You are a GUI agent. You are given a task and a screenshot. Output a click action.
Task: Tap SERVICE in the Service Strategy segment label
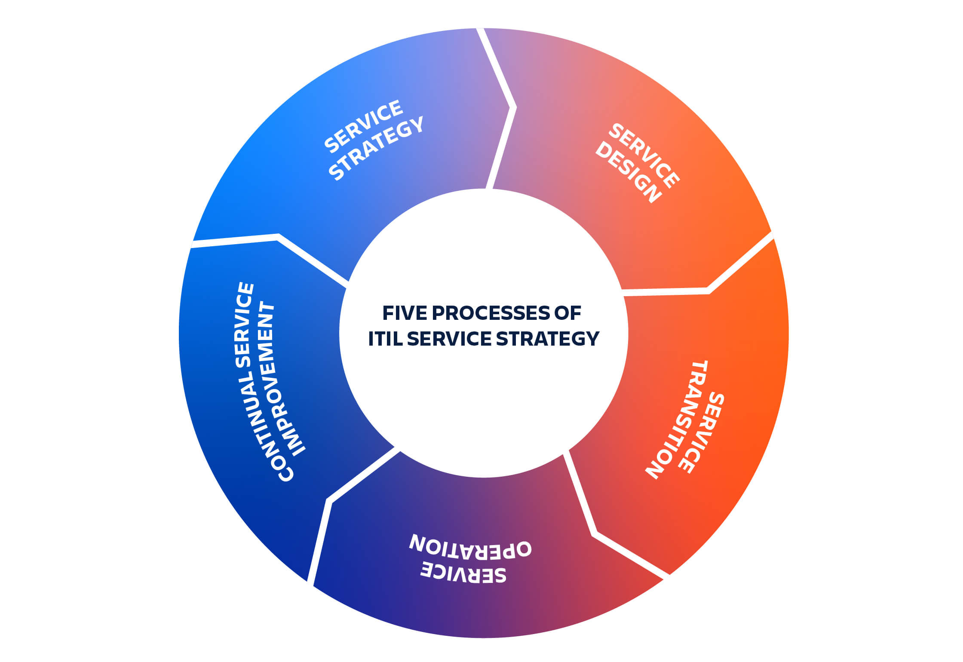coord(364,126)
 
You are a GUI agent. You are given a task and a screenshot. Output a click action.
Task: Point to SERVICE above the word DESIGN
coord(644,155)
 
